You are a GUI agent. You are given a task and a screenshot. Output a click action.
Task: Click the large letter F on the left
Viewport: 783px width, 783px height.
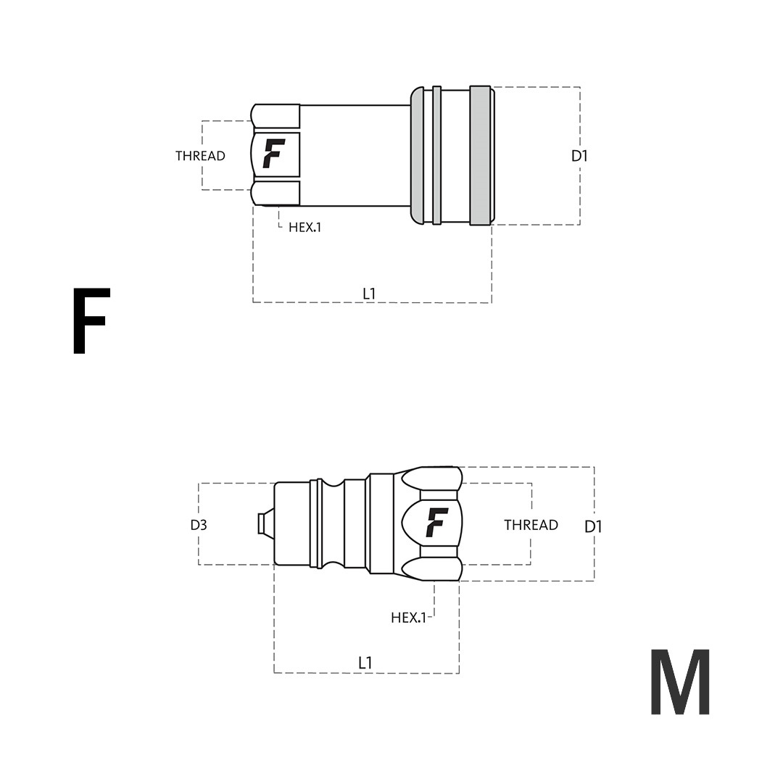click(91, 320)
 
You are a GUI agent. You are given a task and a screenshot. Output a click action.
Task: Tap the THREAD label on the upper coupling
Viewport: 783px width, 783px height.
click(200, 156)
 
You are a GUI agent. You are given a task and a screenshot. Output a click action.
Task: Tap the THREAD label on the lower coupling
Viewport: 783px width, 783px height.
click(531, 525)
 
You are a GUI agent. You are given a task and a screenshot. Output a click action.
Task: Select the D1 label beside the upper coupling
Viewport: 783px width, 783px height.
click(579, 157)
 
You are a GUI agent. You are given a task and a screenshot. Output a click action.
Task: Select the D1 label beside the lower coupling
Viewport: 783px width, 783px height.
click(593, 526)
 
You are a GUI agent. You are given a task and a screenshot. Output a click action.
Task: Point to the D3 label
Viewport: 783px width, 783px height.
click(199, 525)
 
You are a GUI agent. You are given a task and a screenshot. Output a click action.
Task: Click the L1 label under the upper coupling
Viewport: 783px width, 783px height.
click(369, 294)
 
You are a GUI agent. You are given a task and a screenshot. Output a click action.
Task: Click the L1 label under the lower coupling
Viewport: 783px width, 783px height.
click(365, 663)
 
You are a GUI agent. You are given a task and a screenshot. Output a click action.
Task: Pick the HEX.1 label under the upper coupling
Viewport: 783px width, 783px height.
click(305, 227)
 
